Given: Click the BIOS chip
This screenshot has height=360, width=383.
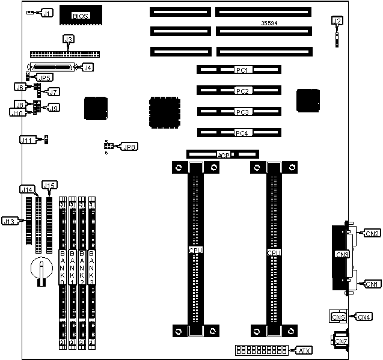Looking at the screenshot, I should tap(81, 16).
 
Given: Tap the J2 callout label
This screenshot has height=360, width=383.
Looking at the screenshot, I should tap(337, 22).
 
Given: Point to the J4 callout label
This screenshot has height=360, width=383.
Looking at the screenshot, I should tap(88, 67).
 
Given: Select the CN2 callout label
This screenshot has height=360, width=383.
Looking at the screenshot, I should tap(372, 233).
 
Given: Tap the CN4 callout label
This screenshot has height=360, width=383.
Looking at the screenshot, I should tap(364, 316).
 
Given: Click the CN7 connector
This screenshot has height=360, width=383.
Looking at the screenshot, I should tap(340, 341).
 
